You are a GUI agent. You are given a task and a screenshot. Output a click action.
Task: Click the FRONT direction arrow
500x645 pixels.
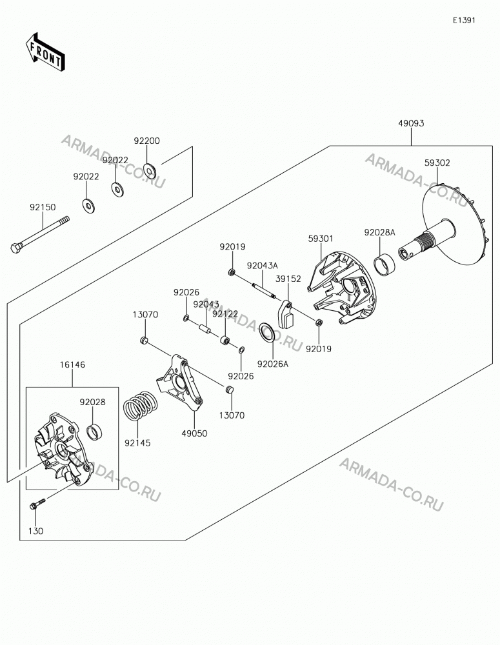(45, 51)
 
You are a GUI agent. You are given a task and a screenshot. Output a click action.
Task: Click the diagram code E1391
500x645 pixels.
(464, 20)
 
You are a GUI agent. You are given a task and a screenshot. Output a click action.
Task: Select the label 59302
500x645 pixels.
(437, 163)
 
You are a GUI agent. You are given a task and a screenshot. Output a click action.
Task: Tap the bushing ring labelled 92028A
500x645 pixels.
(384, 264)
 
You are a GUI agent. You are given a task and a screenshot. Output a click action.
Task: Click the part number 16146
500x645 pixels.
(72, 364)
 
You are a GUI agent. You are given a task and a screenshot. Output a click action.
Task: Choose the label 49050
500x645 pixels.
(194, 433)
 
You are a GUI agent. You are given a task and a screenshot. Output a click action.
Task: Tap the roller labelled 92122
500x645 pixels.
(225, 341)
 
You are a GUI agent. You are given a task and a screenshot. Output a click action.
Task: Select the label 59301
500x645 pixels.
(321, 239)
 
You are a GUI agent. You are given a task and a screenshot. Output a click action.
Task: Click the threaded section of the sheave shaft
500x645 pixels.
(424, 241)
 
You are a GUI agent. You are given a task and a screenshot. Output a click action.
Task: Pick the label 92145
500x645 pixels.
(137, 443)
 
